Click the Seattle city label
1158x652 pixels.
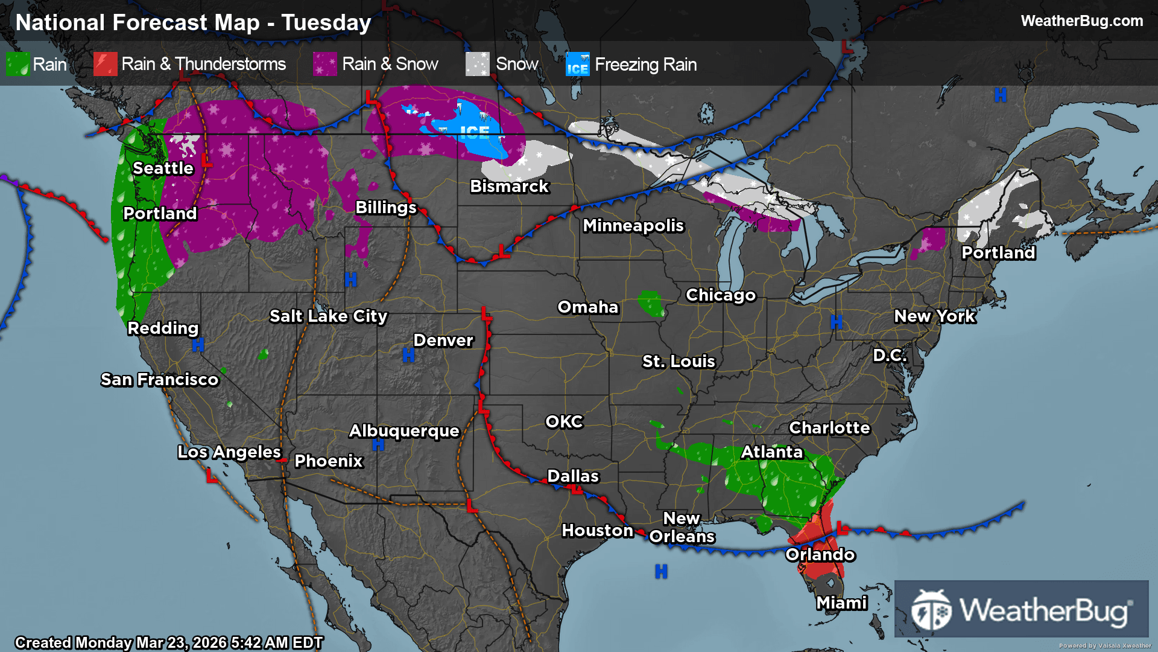[163, 168]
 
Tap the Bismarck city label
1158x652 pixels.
[509, 187]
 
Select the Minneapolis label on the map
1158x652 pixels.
[633, 226]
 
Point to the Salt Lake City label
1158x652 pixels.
[328, 316]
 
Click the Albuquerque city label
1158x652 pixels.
[404, 431]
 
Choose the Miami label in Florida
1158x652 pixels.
[841, 603]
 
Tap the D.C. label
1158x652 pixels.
[890, 356]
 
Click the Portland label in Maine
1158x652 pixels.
[998, 253]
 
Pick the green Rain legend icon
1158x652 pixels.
[17, 64]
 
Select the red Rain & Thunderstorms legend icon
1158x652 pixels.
[106, 64]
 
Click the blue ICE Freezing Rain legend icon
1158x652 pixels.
[577, 64]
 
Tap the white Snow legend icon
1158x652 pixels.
[477, 64]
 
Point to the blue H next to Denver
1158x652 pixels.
[408, 356]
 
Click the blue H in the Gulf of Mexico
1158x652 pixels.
[661, 571]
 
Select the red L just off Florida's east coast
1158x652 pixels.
[843, 529]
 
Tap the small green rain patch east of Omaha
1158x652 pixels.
[651, 304]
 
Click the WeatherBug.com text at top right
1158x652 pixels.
[1081, 21]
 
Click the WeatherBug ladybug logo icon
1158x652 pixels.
[931, 610]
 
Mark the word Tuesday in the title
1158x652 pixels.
[326, 23]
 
